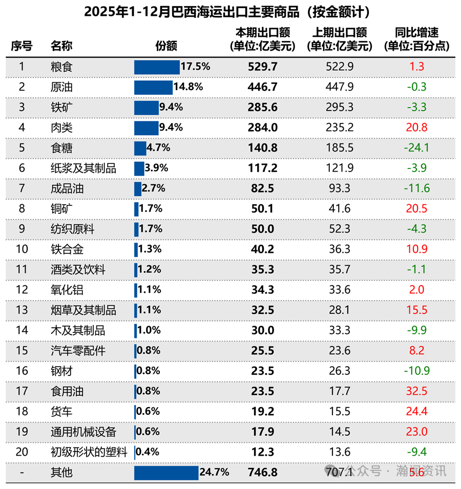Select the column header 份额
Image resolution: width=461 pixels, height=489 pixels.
[166, 46]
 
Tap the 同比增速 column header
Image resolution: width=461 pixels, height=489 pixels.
[417, 39]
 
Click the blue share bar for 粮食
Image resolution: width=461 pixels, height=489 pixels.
[157, 67]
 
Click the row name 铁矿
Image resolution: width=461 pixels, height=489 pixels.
[61, 107]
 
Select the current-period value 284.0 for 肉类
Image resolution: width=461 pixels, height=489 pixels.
[262, 127]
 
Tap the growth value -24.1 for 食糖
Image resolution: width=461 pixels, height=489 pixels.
[416, 148]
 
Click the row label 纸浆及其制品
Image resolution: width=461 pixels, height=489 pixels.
[83, 168]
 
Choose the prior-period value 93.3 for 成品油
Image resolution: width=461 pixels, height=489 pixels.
[339, 188]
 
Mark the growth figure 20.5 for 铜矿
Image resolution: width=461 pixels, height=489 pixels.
[416, 208]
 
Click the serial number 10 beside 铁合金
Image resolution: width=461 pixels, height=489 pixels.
[22, 249]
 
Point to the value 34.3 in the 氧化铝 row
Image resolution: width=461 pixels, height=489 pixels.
[262, 290]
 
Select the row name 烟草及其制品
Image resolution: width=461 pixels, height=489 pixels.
[83, 310]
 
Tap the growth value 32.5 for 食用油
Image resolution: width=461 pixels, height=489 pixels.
[416, 391]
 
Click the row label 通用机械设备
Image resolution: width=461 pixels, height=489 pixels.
[83, 432]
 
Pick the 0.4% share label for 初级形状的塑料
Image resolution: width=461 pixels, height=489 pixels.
[148, 452]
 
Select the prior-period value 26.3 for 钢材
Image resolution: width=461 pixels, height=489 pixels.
[339, 371]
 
